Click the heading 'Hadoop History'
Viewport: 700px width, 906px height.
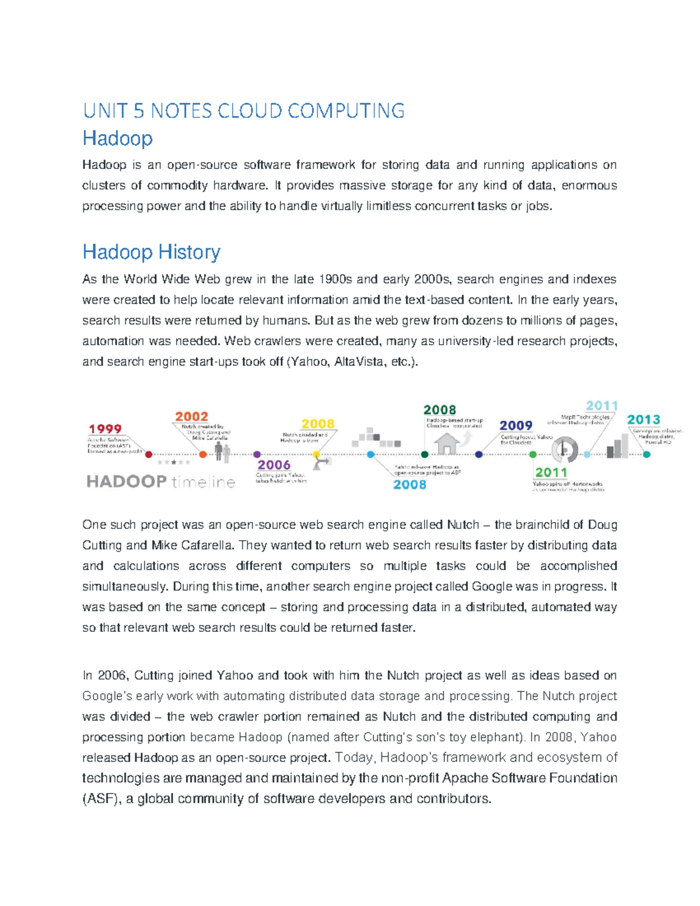[151, 252]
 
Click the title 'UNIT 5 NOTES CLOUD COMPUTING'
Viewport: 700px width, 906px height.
[243, 110]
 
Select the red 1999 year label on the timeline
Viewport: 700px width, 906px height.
[105, 429]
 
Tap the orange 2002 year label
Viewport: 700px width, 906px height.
[191, 416]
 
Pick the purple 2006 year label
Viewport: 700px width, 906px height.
[274, 465]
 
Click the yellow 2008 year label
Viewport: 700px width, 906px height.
[317, 424]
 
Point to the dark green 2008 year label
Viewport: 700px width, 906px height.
[439, 410]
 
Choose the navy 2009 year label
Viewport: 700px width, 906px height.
[516, 425]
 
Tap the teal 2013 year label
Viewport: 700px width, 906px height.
[643, 419]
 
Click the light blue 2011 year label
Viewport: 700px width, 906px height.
[601, 405]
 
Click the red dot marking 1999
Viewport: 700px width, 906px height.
[149, 454]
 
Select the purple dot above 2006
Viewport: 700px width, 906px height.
[257, 454]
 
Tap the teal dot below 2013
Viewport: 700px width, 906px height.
[646, 454]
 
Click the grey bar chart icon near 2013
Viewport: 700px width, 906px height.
[617, 446]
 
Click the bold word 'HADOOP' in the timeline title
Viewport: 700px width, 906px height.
[127, 481]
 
